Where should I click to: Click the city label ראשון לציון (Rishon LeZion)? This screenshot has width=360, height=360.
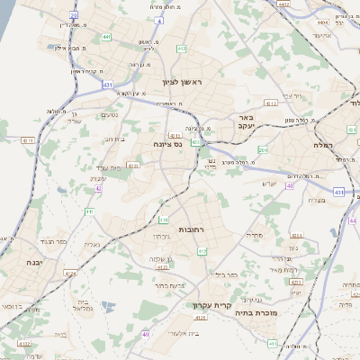click(184, 82)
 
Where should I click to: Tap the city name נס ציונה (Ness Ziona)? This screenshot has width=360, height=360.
click(166, 143)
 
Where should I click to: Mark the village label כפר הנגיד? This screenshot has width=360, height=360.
click(49, 241)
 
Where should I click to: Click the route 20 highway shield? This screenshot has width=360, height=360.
click(73, 15)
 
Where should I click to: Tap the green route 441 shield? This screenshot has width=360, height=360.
click(106, 37)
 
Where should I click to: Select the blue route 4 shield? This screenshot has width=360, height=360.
click(158, 19)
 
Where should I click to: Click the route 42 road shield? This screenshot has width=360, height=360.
click(98, 189)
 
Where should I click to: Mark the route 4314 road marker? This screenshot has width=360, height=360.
click(297, 236)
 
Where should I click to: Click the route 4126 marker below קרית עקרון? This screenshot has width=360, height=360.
click(201, 318)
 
